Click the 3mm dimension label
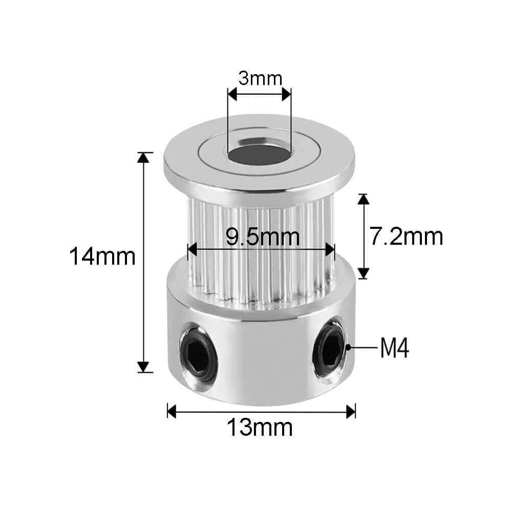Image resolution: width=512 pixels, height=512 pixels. (x=260, y=78)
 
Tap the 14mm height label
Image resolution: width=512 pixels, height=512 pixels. (x=102, y=257)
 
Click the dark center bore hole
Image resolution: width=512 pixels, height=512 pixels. (x=259, y=154)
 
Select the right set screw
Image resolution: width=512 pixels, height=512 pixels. (x=329, y=348)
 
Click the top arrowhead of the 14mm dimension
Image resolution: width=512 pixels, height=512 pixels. (x=143, y=158)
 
